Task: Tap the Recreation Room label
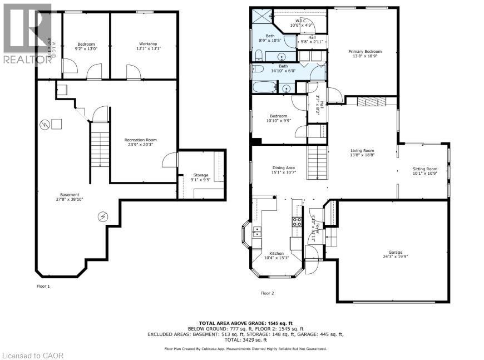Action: pyautogui.click(x=140, y=140)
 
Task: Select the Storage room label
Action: pyautogui.click(x=200, y=175)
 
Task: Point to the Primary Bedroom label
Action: pyautogui.click(x=364, y=52)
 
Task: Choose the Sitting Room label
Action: pyautogui.click(x=424, y=169)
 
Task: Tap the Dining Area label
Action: pyautogui.click(x=283, y=167)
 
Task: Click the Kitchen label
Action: pyautogui.click(x=276, y=254)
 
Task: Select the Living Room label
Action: pyautogui.click(x=362, y=151)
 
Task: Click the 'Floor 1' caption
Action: pyautogui.click(x=43, y=286)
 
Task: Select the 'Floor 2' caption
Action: pyautogui.click(x=267, y=293)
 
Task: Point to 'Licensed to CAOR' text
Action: pyautogui.click(x=26, y=354)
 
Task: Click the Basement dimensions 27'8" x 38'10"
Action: pyautogui.click(x=70, y=199)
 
